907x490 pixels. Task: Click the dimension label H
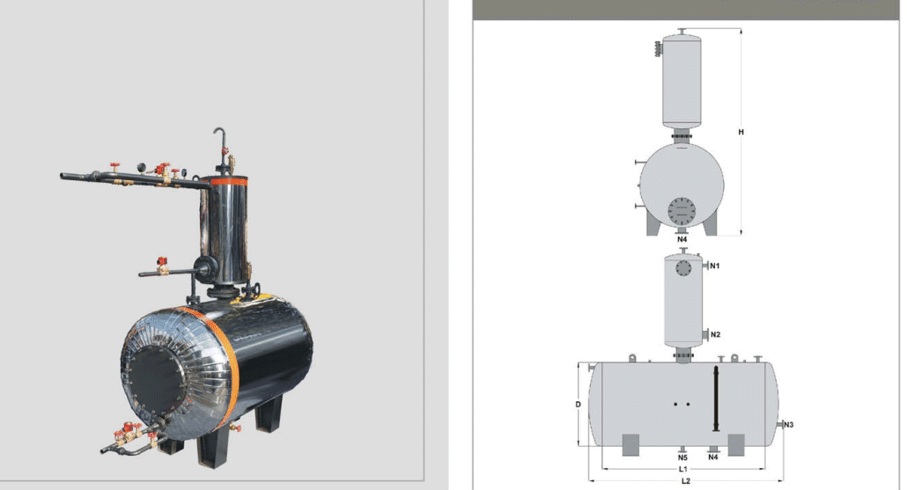[x=741, y=132]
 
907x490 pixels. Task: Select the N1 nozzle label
[x=715, y=266]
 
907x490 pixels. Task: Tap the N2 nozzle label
[x=716, y=334]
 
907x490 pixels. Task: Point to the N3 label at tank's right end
[x=788, y=425]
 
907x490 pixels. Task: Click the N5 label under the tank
[x=682, y=457]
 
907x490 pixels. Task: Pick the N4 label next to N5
[x=713, y=457]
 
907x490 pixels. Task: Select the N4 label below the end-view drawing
[x=682, y=239]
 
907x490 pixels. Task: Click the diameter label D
[x=578, y=405]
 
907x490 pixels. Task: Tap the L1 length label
[x=683, y=469]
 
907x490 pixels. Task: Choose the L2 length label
[x=686, y=480]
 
